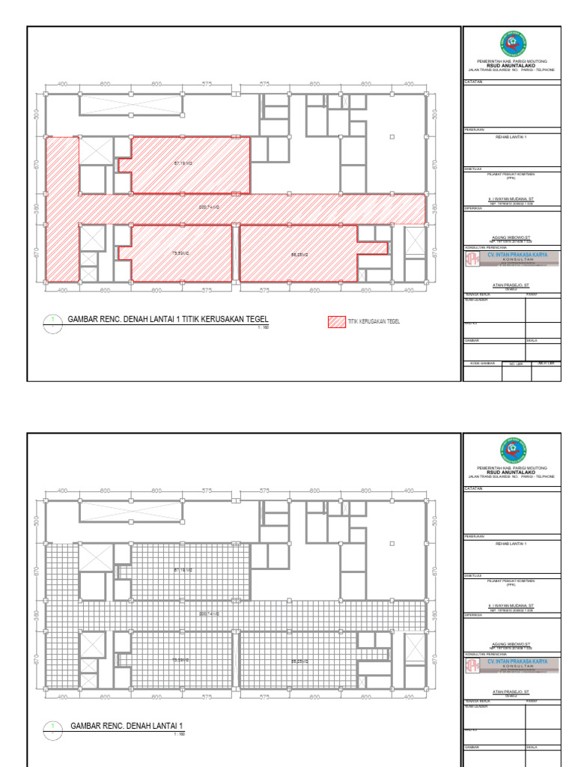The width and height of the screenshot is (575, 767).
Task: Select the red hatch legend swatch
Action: [336, 321]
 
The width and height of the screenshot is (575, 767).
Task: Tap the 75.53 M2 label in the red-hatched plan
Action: [180, 254]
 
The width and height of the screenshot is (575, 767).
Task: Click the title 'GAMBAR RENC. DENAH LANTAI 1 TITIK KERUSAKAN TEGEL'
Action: [168, 320]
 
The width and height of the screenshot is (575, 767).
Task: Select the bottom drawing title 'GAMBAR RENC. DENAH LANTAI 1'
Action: [127, 726]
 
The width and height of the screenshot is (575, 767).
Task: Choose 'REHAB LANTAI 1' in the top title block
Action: [512, 137]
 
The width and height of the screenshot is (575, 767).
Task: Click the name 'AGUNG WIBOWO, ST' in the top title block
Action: [512, 235]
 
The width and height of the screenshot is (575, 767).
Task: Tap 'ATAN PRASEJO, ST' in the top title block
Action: [512, 284]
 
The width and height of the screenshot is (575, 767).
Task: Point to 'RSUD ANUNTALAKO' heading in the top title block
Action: [512, 64]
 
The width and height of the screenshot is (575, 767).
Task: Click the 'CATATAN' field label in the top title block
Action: [473, 81]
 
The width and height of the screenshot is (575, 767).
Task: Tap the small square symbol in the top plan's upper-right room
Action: [392, 137]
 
